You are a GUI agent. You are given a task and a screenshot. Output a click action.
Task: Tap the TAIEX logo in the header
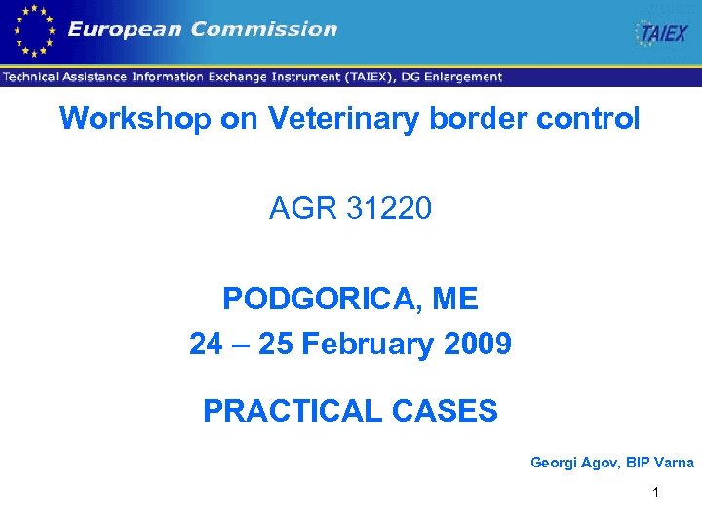tap(662, 34)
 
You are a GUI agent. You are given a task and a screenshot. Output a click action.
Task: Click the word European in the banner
tap(124, 30)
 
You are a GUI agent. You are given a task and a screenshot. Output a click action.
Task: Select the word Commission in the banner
tap(263, 30)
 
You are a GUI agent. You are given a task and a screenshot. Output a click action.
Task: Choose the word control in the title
tap(596, 119)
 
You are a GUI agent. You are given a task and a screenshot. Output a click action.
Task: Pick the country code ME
tap(454, 299)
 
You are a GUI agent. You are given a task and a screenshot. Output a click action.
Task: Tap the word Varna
tap(672, 463)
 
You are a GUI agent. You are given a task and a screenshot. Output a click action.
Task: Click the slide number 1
tap(656, 492)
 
